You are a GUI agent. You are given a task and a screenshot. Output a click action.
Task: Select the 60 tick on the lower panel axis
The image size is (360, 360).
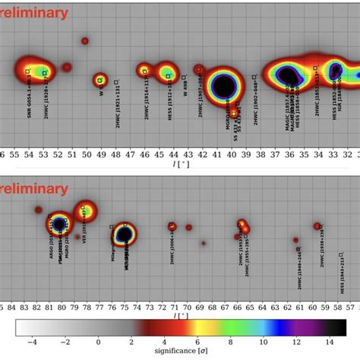(x=317, y=308)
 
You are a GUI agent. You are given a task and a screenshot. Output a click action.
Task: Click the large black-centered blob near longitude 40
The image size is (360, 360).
(x=224, y=86)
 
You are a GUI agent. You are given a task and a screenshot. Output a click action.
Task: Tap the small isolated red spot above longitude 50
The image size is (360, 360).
(x=85, y=40)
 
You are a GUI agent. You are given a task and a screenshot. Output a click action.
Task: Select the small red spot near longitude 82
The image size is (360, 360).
(x=38, y=210)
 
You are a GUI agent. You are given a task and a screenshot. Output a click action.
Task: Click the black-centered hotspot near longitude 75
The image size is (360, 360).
(x=125, y=234)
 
